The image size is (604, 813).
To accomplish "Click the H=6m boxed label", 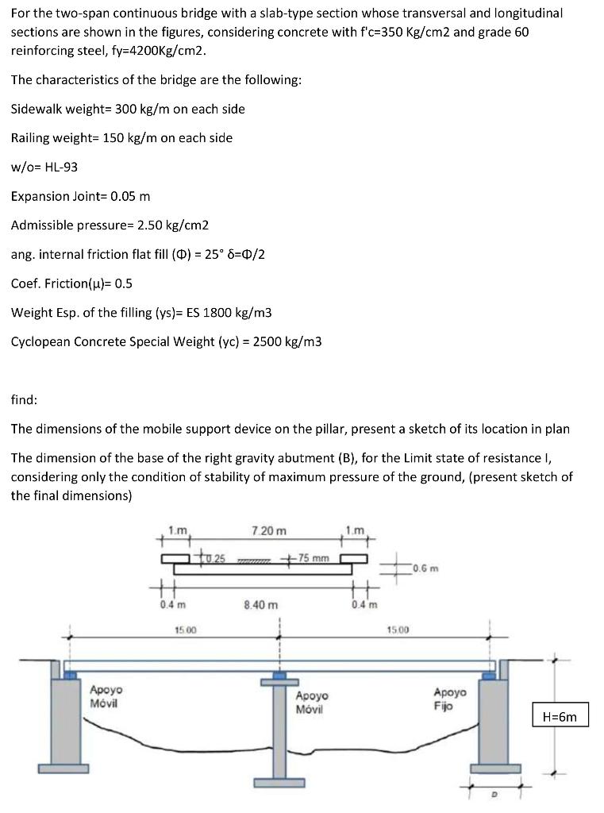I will click(560, 717).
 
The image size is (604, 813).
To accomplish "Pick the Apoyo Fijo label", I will click(450, 699).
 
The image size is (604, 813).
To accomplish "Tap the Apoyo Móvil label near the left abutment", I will click(105, 697).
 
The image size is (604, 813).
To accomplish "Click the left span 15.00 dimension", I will click(185, 630).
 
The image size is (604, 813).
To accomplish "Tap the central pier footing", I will click(279, 783).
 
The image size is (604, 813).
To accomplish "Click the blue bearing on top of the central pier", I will click(279, 675).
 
